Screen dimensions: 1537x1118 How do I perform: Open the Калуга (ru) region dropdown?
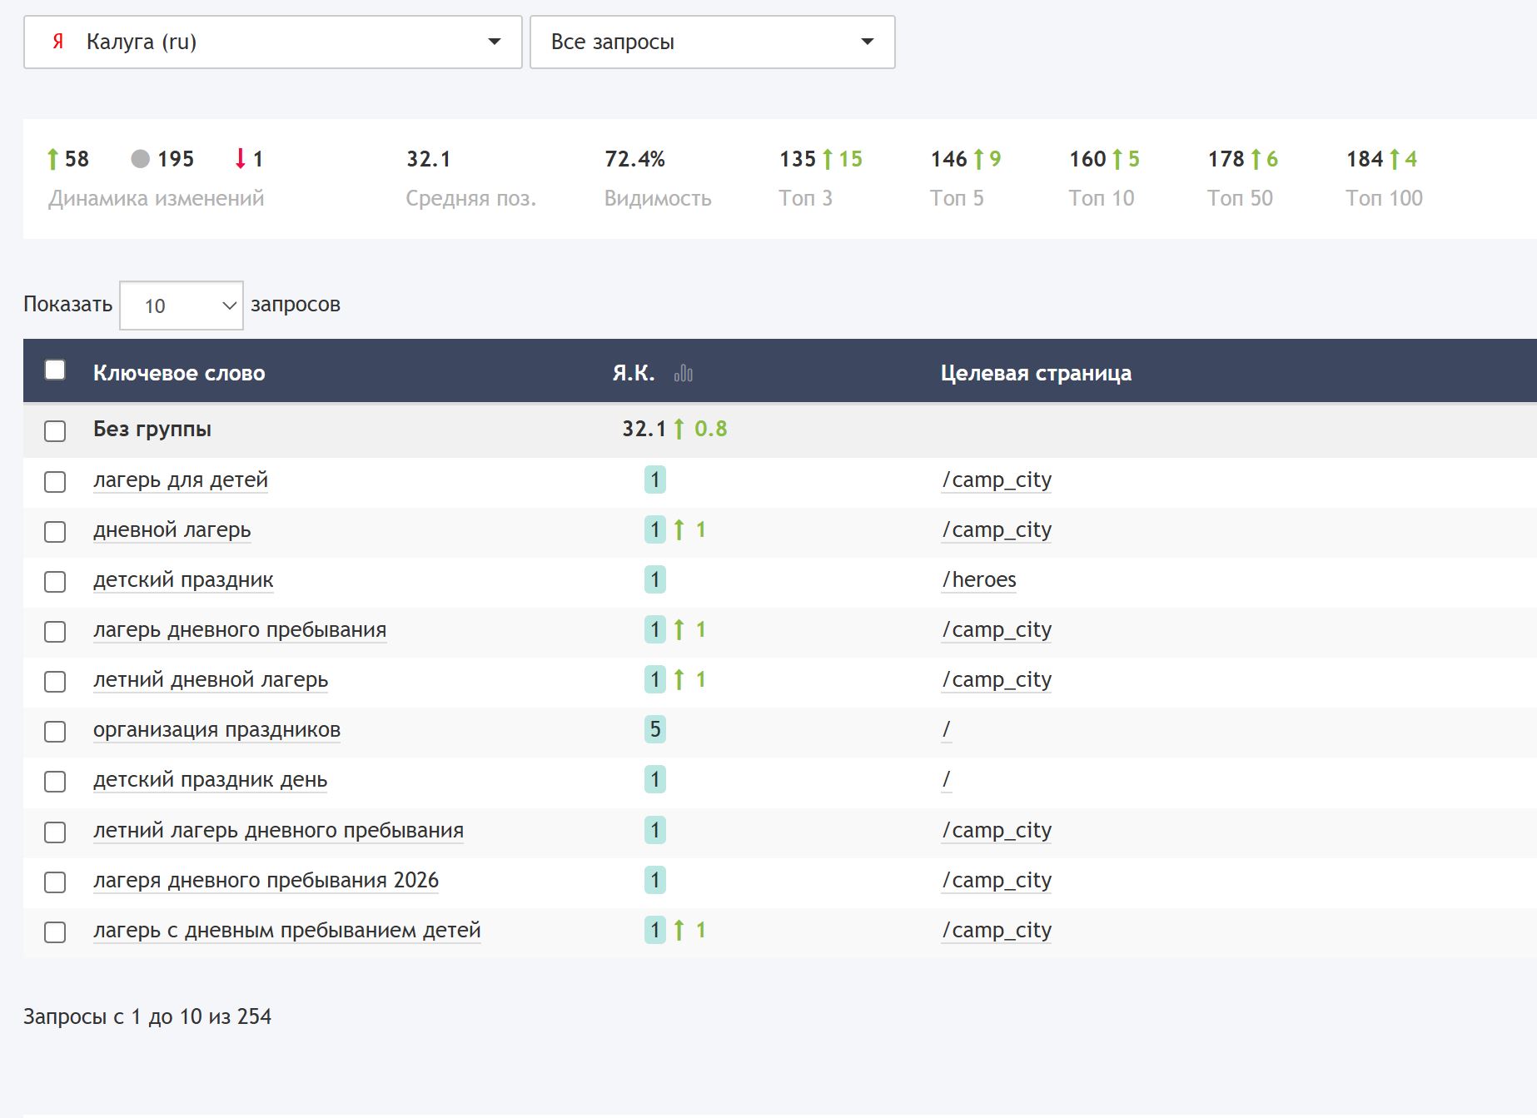[x=272, y=42]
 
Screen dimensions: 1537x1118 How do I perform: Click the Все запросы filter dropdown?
[x=712, y=42]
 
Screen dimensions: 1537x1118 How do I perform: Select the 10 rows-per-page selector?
[x=182, y=306]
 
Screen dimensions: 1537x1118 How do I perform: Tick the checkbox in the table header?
[x=55, y=370]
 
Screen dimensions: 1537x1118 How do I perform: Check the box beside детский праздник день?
[x=55, y=782]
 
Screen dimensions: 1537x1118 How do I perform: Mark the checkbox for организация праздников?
[x=55, y=732]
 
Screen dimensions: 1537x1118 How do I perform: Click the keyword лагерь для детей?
[x=181, y=480]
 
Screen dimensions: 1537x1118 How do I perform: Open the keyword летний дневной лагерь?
[x=211, y=680]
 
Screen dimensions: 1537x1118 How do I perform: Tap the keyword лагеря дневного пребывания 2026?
[x=266, y=880]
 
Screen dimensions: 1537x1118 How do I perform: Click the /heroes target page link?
[x=979, y=580]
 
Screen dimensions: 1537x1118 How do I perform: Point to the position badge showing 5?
[x=655, y=730]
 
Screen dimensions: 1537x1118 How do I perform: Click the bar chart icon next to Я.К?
[x=684, y=374]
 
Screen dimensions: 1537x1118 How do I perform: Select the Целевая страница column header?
[x=1036, y=373]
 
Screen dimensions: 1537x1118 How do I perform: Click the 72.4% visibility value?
[x=634, y=159]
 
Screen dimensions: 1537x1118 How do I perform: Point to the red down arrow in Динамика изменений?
[x=241, y=158]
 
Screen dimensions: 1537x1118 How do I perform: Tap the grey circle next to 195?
[x=141, y=159]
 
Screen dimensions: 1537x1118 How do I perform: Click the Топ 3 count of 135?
[x=798, y=159]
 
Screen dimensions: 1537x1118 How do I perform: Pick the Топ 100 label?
[x=1384, y=198]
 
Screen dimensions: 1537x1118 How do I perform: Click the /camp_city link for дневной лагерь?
[x=997, y=530]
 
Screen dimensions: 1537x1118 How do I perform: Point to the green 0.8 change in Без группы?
[x=710, y=429]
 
